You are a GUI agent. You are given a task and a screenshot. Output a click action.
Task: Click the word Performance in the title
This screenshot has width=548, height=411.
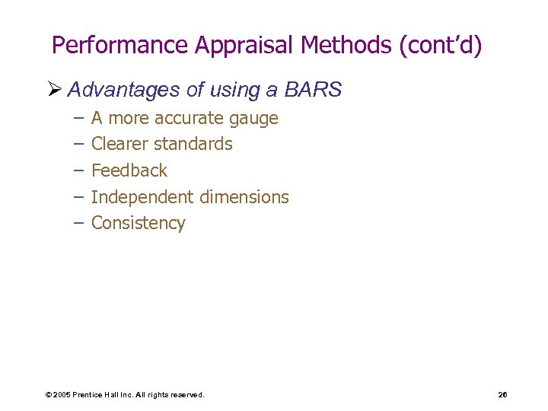[x=119, y=46]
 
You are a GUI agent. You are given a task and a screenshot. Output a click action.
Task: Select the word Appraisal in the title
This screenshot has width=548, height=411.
[x=244, y=46]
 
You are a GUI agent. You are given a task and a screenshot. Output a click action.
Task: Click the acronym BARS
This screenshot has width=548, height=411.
[x=314, y=91]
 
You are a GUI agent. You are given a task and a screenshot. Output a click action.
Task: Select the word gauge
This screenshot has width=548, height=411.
[x=253, y=119]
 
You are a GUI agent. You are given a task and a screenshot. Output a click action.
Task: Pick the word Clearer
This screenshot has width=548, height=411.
[x=119, y=144]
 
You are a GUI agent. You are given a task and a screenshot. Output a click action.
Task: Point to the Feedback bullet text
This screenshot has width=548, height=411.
[x=129, y=170]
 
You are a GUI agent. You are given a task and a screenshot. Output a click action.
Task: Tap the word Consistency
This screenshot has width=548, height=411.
[x=138, y=223]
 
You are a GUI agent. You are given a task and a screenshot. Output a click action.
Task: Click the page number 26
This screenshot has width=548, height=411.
[x=502, y=395]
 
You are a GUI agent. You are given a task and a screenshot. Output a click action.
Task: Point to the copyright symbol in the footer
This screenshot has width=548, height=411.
[x=48, y=395]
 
